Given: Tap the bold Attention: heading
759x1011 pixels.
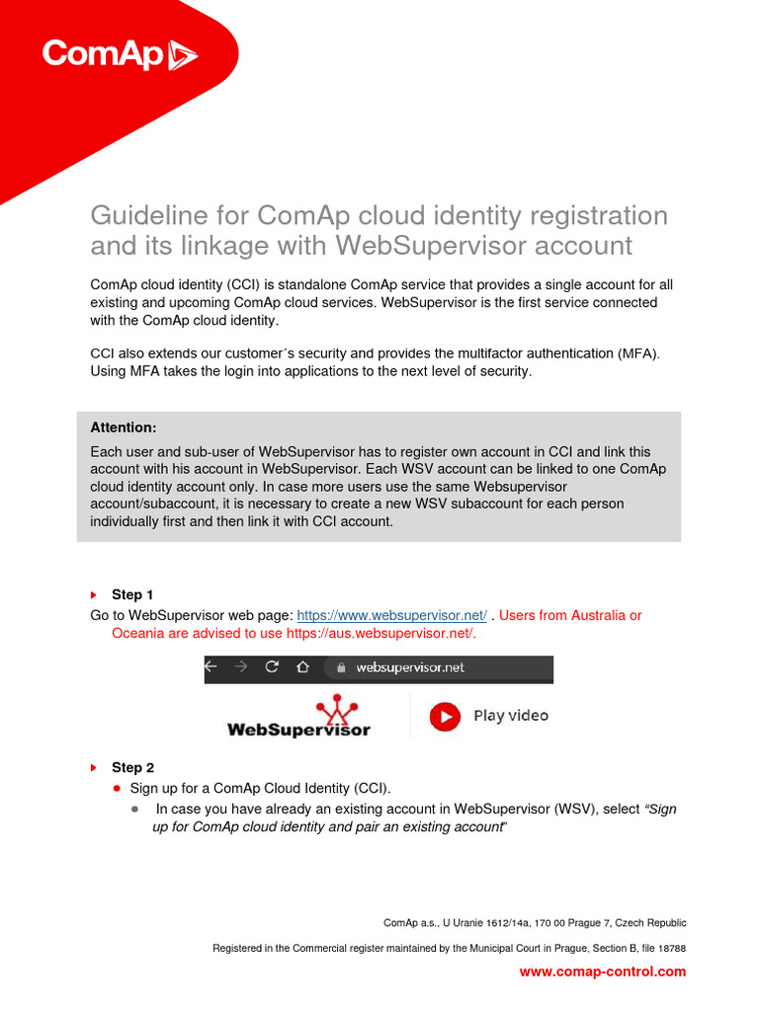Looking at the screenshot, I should tap(124, 428).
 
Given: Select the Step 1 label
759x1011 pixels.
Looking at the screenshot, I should tap(132, 594).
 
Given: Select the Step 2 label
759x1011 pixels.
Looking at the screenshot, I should tap(132, 767).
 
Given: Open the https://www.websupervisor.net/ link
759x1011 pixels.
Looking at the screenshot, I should tap(391, 615).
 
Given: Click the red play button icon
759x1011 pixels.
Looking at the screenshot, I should tap(445, 716).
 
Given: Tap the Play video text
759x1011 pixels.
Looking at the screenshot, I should tap(510, 716).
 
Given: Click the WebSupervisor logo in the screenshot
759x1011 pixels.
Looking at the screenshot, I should tap(299, 718).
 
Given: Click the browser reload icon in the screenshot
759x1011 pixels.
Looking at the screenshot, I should tap(272, 667).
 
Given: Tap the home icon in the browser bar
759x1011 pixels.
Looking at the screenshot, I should tap(302, 667).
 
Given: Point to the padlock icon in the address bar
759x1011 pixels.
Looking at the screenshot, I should tap(341, 668).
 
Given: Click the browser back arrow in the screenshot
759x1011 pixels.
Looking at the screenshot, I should tap(211, 667).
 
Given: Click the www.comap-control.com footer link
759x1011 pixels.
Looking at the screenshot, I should tap(602, 972).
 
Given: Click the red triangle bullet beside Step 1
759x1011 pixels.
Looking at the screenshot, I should tap(94, 595).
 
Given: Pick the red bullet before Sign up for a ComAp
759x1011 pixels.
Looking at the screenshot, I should tap(117, 788).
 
